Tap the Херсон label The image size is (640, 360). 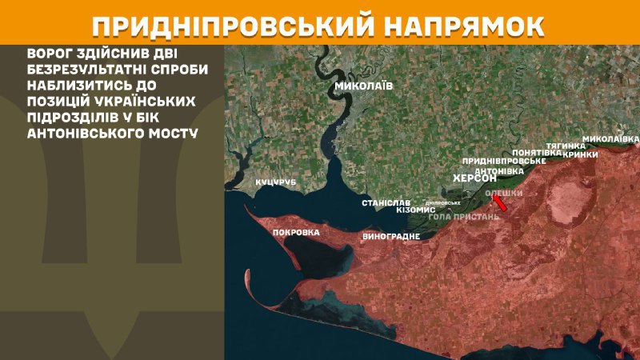click(x=475, y=178)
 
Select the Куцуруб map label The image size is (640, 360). click(x=276, y=182)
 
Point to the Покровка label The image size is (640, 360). click(x=296, y=233)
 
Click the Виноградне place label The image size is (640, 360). click(x=391, y=237)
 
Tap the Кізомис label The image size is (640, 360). click(x=415, y=210)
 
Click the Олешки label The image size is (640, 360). click(x=503, y=194)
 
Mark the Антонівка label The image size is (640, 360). click(x=499, y=171)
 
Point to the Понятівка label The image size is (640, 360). click(x=536, y=152)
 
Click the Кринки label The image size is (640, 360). click(x=580, y=154)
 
